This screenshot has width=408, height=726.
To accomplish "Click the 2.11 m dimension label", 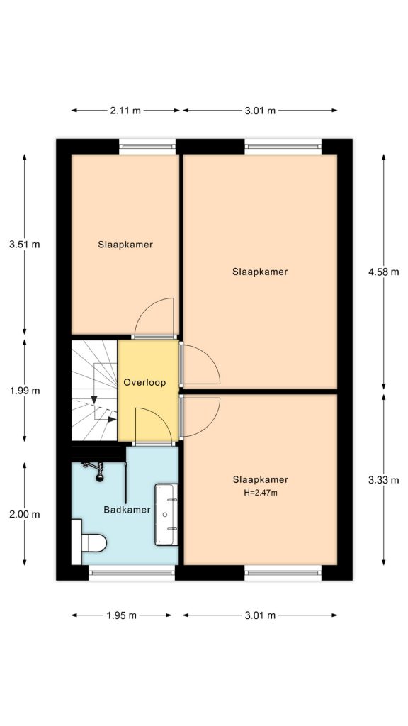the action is tap(125, 110).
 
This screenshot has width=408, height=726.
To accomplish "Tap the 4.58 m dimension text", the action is tap(383, 272).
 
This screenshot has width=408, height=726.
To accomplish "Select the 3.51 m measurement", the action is tap(25, 245).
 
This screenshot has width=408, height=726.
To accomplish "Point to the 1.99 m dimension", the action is tap(25, 391).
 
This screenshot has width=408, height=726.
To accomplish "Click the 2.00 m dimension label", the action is tap(25, 514).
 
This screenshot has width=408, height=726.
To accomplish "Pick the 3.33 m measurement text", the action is tap(383, 480).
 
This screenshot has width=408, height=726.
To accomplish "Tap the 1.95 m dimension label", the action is tap(121, 615).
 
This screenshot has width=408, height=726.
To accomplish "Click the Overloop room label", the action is tap(144, 383).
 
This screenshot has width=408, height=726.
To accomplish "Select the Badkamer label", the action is tap(127, 510).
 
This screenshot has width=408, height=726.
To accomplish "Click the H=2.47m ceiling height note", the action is tap(261, 493).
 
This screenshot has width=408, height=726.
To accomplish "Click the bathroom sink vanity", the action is tap(166, 515).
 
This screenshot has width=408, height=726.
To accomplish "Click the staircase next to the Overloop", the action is tap(94, 391).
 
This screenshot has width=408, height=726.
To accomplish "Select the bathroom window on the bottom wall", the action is tap(132, 573).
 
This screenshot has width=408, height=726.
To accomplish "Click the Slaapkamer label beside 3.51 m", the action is tap(125, 245).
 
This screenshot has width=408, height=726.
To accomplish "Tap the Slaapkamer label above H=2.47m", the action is tap(261, 480).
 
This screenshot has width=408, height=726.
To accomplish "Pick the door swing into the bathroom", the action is tap(152, 425).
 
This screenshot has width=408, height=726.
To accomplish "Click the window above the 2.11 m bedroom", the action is tap(147, 146).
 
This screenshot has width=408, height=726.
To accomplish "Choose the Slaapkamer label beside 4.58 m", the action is tap(260, 272).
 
